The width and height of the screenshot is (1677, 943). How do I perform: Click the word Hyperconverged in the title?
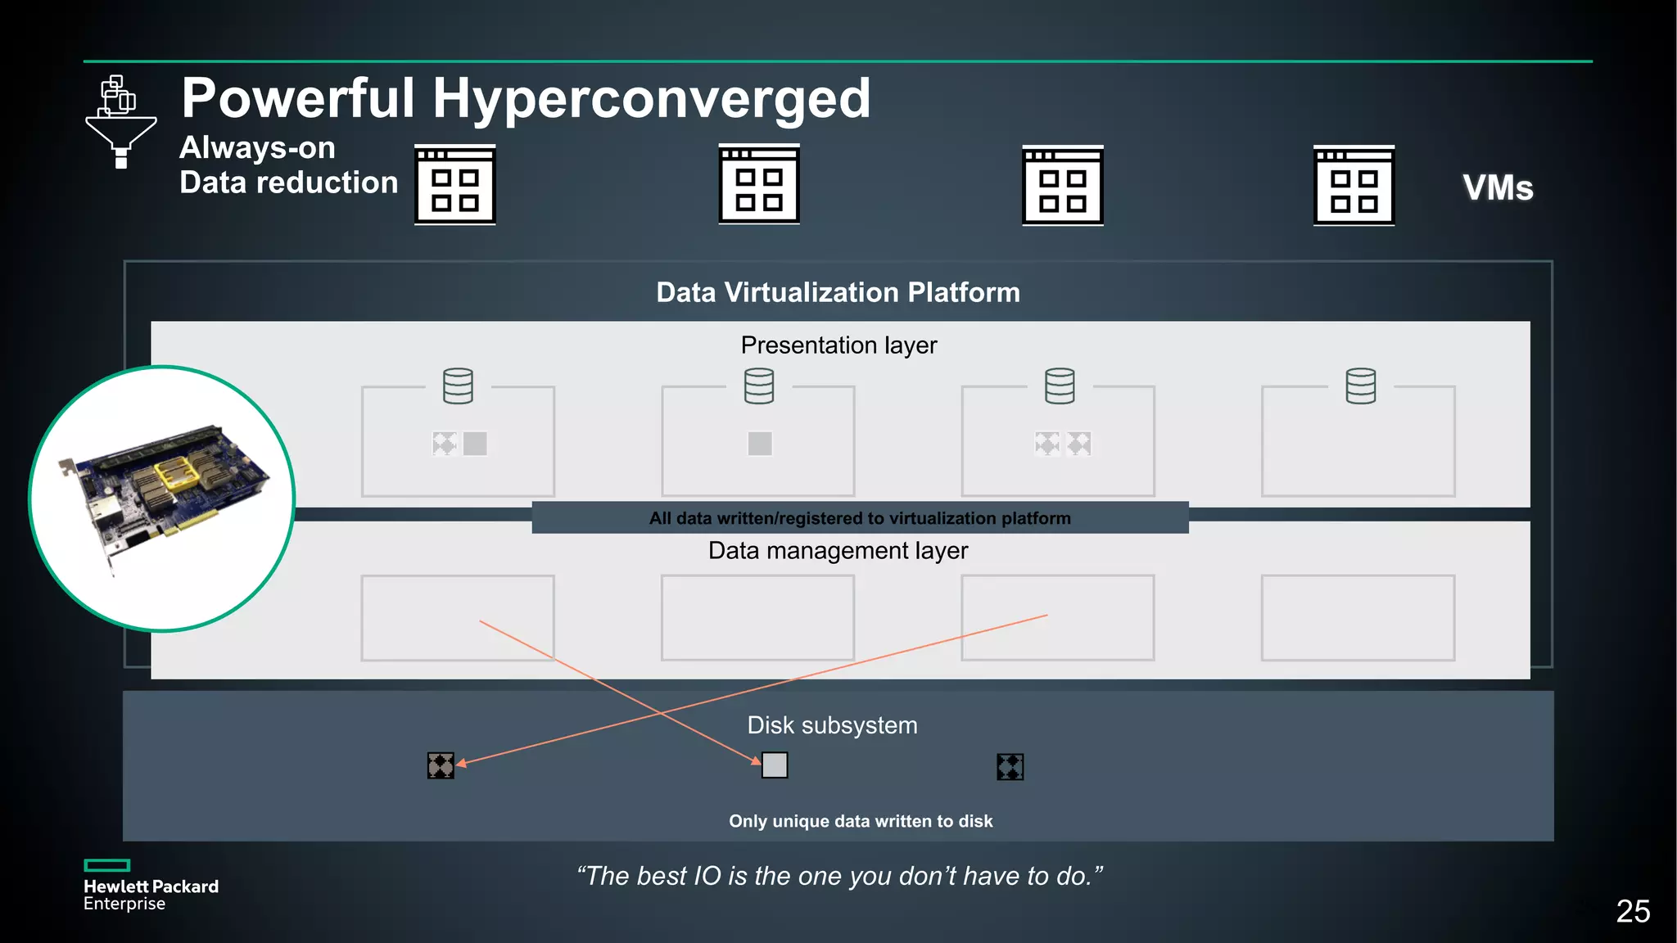click(651, 99)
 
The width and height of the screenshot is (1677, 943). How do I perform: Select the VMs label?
click(1497, 188)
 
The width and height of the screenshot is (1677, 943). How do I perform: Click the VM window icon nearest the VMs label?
click(1354, 185)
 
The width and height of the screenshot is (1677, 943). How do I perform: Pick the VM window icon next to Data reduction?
click(455, 185)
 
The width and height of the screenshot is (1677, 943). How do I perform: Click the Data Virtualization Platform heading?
click(838, 292)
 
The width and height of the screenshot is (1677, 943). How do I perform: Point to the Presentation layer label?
click(838, 345)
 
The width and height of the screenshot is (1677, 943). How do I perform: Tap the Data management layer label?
click(838, 551)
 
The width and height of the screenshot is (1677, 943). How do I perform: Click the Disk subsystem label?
click(832, 725)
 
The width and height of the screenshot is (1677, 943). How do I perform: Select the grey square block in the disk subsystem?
click(775, 765)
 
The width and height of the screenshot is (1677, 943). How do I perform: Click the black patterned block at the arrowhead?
click(441, 766)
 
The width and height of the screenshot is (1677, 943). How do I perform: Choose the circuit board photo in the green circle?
click(162, 498)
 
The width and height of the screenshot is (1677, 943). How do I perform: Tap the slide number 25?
click(1632, 911)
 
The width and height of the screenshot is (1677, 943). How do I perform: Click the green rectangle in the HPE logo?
click(107, 865)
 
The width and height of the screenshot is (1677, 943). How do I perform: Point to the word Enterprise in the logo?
click(124, 904)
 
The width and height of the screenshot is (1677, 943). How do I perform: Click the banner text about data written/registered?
click(860, 518)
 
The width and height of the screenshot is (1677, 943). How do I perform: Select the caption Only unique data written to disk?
click(861, 821)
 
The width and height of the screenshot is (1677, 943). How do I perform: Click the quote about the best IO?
click(838, 876)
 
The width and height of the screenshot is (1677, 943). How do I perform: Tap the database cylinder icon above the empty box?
click(1360, 386)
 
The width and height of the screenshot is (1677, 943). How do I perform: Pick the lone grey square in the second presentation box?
click(760, 444)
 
